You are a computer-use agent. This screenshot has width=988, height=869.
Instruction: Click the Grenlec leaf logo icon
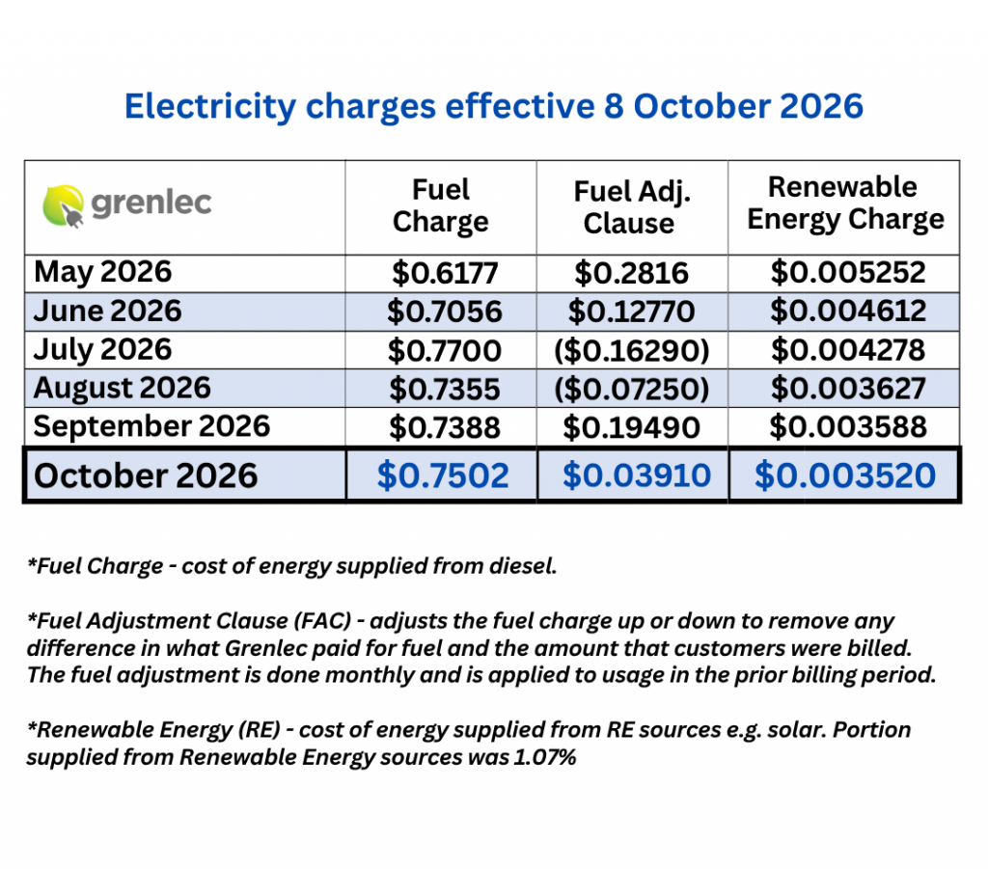(x=63, y=205)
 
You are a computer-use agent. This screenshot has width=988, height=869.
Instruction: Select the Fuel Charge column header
(x=440, y=205)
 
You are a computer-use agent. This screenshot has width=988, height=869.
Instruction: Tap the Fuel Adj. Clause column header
(x=631, y=207)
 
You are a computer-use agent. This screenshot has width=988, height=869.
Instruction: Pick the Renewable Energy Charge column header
(x=845, y=203)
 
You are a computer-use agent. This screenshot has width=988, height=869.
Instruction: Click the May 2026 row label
(x=102, y=272)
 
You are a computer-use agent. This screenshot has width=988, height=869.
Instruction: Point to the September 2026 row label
(x=151, y=426)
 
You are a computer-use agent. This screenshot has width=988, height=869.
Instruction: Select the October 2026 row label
(x=146, y=475)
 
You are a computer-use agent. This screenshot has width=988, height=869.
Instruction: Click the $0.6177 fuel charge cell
(x=445, y=273)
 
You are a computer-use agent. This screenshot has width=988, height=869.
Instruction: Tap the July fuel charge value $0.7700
(x=444, y=351)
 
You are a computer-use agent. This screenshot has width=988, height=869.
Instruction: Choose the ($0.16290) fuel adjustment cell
(x=632, y=351)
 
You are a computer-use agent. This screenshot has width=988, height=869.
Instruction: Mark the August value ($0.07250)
(x=632, y=389)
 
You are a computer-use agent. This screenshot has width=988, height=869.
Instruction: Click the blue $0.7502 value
(x=443, y=475)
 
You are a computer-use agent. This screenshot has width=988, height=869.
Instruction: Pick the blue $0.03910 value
(x=637, y=475)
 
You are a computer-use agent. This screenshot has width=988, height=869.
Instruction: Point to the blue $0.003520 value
(x=845, y=475)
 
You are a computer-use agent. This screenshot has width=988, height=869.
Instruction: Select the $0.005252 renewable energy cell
(x=848, y=273)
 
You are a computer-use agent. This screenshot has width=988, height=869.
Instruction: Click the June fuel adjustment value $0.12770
(x=631, y=312)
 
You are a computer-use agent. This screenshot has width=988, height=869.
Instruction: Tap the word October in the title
(x=700, y=106)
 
